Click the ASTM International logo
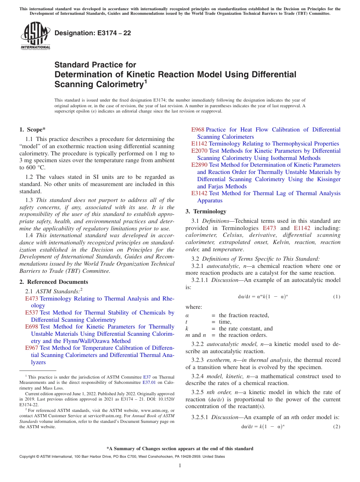[35, 36]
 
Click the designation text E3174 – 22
[93, 33]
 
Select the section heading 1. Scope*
[33, 130]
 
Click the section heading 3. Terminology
[206, 211]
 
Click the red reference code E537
[31, 313]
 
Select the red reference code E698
[31, 327]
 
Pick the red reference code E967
[31, 348]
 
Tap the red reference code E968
[197, 130]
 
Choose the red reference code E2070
[199, 151]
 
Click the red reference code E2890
[199, 165]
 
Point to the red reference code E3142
[199, 193]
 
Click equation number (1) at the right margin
[337, 297]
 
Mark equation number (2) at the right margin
[337, 426]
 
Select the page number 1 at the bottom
[180, 466]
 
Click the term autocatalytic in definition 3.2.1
[222, 266]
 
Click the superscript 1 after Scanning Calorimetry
[146, 81]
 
